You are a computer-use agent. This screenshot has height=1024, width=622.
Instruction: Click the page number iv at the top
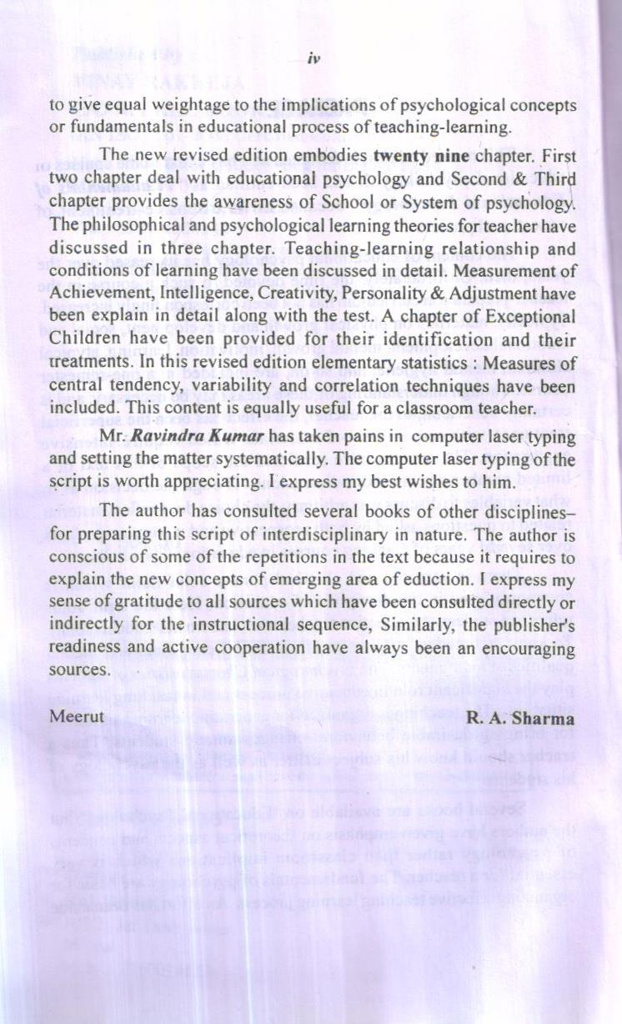click(x=314, y=58)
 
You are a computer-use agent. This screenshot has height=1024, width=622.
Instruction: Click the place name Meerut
click(x=77, y=715)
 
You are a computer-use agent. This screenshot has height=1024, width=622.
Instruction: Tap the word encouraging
click(x=514, y=649)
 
